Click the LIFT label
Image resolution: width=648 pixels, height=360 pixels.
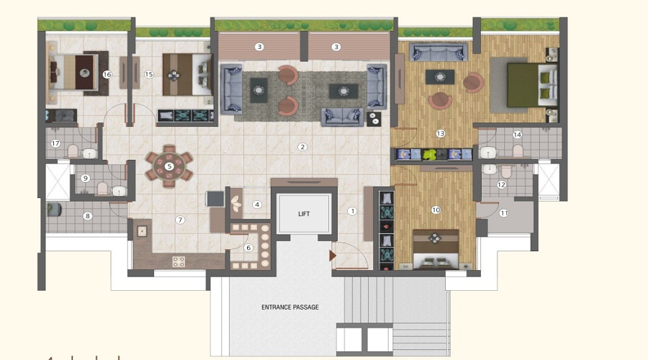tap(304, 214)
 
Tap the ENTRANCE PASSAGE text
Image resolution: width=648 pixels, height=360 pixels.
tap(290, 307)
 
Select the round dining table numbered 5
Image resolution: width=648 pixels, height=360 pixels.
tap(169, 166)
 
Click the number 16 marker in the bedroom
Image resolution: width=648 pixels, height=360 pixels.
tap(107, 74)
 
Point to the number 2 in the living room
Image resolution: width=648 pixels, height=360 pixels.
tap(302, 147)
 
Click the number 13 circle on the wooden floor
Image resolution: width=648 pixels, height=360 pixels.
tap(440, 133)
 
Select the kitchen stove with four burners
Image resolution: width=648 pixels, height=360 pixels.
tap(179, 261)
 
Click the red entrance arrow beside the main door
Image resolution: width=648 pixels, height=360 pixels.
tap(333, 256)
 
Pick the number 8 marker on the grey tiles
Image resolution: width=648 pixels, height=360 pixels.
tap(87, 216)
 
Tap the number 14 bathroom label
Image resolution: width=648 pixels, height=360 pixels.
tap(517, 135)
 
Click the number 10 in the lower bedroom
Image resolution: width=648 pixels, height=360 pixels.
tap(436, 210)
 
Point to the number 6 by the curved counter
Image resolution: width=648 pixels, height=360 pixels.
tap(248, 248)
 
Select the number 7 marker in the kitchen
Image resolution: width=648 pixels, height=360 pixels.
tap(180, 220)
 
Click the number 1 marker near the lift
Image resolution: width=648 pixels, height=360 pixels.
tap(352, 211)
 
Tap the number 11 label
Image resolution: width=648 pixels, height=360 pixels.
tap(504, 213)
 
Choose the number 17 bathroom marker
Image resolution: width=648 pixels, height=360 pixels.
tap(55, 143)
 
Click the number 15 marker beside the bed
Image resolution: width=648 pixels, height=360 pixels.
tap(149, 74)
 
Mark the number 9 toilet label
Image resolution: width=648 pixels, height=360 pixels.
tap(86, 178)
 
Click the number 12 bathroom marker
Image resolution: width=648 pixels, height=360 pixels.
tap(501, 185)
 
